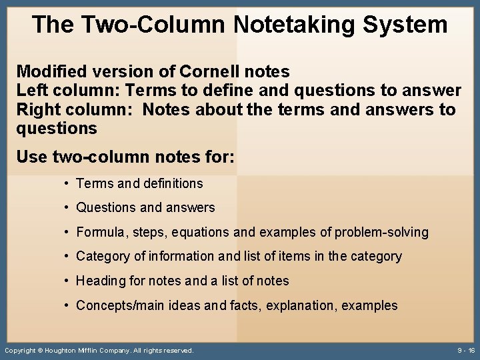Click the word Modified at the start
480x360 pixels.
pos(51,71)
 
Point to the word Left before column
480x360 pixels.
pos(31,90)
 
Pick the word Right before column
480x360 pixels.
pos(37,109)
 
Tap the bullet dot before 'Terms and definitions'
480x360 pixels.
pos(67,183)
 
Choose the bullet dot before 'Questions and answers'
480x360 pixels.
pos(67,208)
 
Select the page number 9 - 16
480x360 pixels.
pos(466,350)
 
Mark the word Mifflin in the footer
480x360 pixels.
pos(98,350)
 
